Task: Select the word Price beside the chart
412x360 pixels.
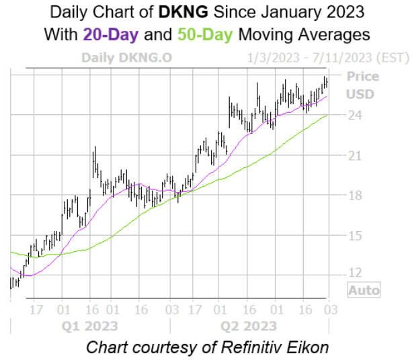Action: [x=362, y=77]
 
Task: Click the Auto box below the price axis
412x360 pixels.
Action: [x=364, y=291]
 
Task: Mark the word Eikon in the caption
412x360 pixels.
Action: [x=306, y=348]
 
